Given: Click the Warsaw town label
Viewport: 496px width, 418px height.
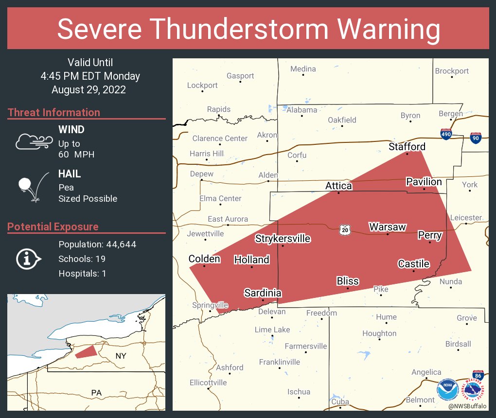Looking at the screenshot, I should pos(387,227).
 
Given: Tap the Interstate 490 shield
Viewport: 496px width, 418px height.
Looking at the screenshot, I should pos(446,134).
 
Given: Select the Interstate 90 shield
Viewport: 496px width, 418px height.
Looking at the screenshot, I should pos(477,139).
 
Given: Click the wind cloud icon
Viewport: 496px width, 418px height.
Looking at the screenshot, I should pos(33,141).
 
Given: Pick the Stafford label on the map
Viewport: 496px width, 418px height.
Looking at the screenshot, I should pos(407,146).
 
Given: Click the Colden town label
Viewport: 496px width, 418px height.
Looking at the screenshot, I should pos(204,259).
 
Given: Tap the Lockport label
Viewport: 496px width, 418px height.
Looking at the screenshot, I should pos(202,85).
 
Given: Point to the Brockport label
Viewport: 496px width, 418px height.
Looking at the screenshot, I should pos(452,71).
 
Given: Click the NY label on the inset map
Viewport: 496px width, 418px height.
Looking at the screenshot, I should pos(121,356).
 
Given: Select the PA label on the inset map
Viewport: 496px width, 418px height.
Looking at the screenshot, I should pos(97,392).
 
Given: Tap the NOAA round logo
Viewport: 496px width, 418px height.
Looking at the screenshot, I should pos(447,389).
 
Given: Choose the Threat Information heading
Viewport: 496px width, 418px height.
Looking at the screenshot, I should pos(54,112).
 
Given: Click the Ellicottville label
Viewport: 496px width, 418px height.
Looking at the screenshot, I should pos(208,383).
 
